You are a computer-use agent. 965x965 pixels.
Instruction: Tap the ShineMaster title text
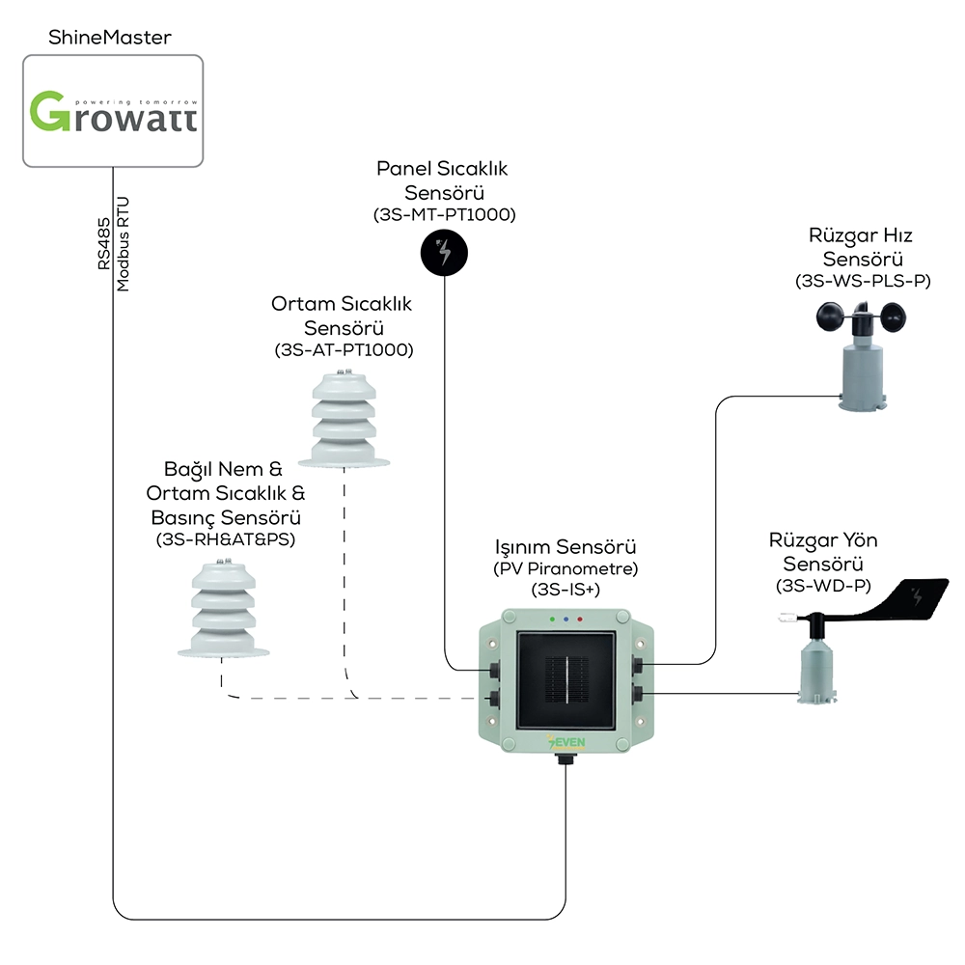tap(110, 38)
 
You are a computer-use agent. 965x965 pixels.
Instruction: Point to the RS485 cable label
tap(103, 243)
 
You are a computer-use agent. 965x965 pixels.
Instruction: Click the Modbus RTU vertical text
tap(124, 244)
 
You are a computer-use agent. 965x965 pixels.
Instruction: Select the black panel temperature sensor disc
tap(444, 253)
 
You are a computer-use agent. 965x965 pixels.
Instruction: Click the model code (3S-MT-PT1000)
tap(444, 215)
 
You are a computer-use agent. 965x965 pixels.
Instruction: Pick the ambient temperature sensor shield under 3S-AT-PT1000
tap(345, 419)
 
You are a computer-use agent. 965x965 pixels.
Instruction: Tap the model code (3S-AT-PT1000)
tap(345, 350)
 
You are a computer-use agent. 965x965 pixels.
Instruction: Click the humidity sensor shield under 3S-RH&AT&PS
tap(224, 609)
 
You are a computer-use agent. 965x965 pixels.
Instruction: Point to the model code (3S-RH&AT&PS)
tap(226, 539)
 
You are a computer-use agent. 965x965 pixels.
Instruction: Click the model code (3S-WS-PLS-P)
tap(863, 281)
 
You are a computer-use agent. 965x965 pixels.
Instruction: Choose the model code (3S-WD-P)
tap(823, 586)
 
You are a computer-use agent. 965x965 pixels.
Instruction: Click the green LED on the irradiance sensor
tap(552, 620)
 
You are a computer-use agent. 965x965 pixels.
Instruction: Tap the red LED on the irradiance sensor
tap(580, 620)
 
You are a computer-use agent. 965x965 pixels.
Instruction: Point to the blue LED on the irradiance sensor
tap(566, 620)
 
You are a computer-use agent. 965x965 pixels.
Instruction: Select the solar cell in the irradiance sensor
tap(566, 680)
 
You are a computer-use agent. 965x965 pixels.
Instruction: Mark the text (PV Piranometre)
tap(565, 568)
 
